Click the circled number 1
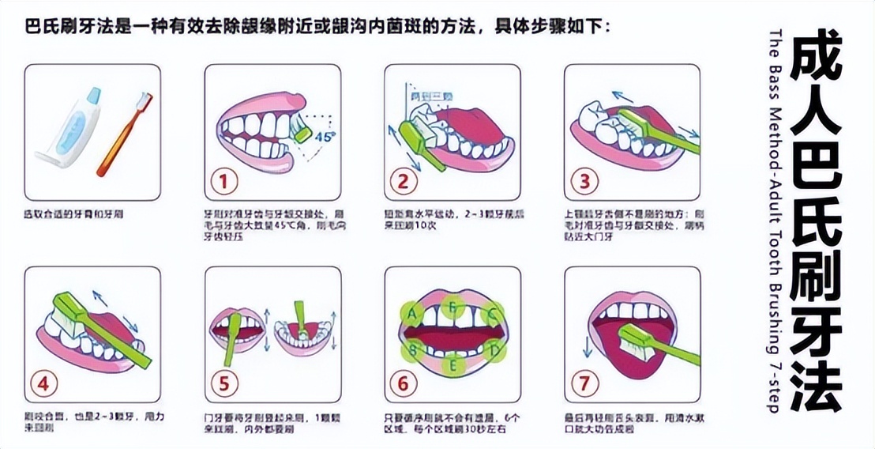224,182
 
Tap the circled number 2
404,182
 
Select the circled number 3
584,182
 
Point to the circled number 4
44,384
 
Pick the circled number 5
224,384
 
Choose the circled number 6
404,384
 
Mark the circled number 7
584,384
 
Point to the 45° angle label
325,136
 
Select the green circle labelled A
411,313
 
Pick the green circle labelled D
494,349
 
